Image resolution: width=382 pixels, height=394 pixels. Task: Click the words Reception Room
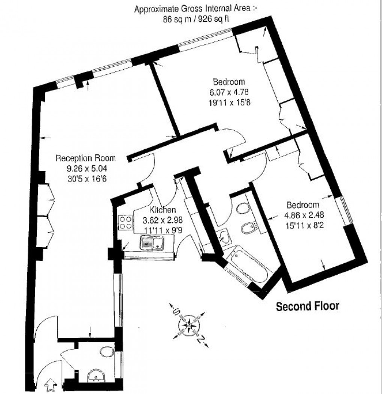(85, 158)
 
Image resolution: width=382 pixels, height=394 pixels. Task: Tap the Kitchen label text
(161, 210)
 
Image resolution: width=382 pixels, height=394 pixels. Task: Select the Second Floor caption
(307, 306)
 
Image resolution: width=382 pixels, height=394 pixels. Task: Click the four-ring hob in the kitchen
(125, 223)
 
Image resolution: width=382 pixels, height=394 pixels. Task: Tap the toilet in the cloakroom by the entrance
(107, 352)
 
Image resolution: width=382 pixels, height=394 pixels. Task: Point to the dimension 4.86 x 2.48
(303, 215)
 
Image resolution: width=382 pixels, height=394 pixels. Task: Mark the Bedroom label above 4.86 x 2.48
(303, 205)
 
